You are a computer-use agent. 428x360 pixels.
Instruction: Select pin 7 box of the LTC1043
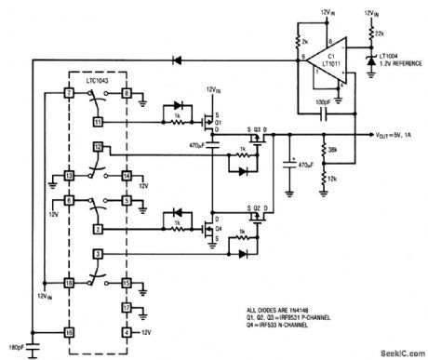click(x=69, y=93)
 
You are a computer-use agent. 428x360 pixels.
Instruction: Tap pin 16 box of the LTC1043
click(x=69, y=330)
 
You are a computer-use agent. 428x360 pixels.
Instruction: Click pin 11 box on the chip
click(x=99, y=120)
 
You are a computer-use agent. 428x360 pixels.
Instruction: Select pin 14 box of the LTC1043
click(x=127, y=174)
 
